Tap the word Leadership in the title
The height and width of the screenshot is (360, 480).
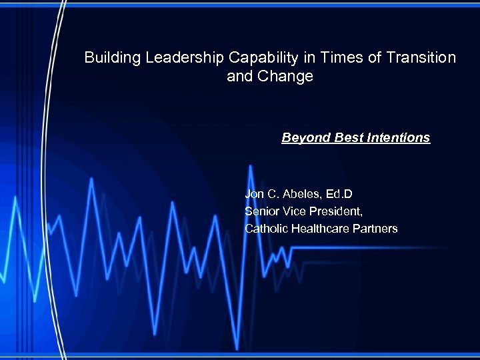click(x=175, y=58)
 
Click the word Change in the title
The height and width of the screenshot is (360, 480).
click(x=289, y=77)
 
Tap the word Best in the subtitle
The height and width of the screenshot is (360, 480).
click(x=344, y=138)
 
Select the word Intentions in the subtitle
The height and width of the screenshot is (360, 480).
click(x=397, y=138)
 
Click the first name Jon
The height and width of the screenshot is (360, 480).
click(x=255, y=194)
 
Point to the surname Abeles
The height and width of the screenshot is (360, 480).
click(x=300, y=194)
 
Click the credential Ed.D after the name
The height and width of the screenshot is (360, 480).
click(x=338, y=194)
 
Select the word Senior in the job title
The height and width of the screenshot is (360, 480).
click(x=261, y=211)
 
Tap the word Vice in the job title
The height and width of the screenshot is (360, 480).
click(x=294, y=211)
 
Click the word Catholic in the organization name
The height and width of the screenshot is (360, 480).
click(x=266, y=229)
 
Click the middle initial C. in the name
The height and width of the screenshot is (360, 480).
click(x=273, y=194)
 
